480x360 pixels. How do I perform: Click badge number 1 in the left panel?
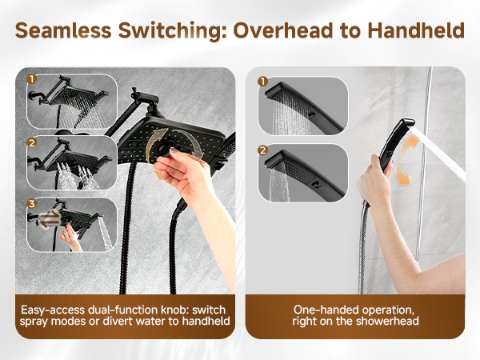31,80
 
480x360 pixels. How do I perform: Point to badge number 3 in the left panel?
31,203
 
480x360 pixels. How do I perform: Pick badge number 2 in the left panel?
31,142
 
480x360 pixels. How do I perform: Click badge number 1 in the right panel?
262,82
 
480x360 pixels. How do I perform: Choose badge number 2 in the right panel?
262,149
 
